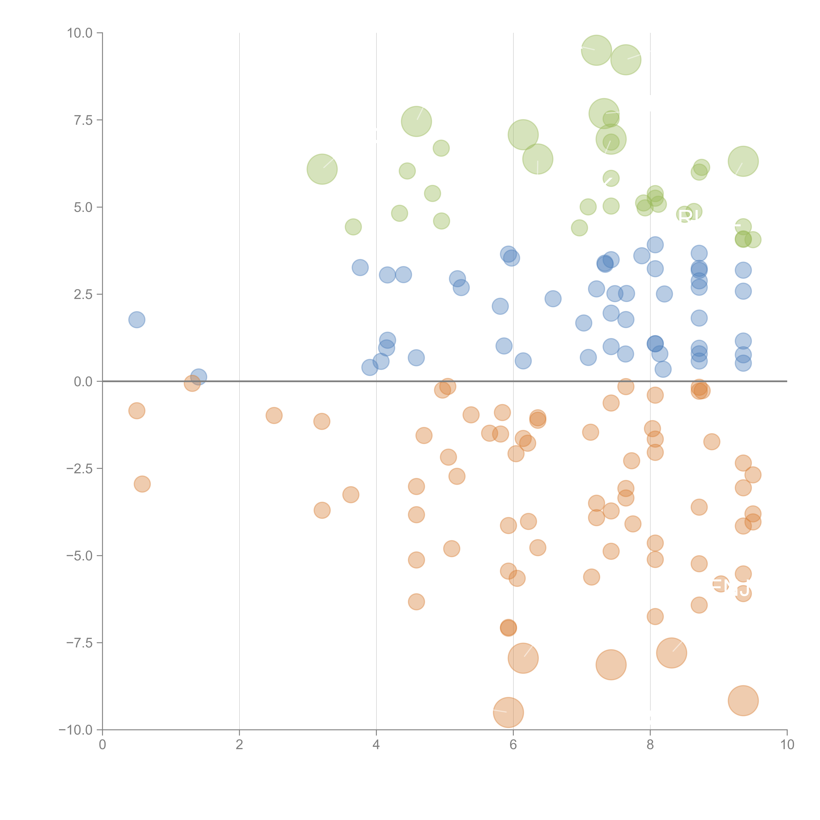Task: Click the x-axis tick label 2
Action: pos(239,745)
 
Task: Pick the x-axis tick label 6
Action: pos(513,745)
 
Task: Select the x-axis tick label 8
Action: pos(650,745)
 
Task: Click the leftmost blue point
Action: pos(137,320)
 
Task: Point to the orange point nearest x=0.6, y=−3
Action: pos(142,484)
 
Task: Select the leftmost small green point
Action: pos(353,227)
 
